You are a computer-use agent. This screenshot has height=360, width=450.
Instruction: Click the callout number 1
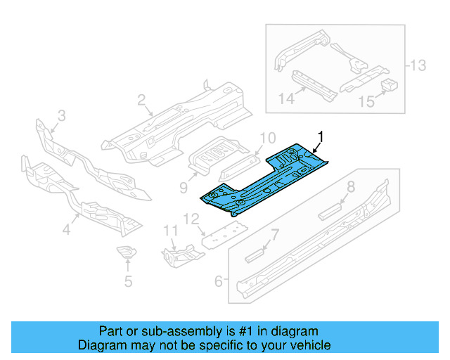tap(321, 135)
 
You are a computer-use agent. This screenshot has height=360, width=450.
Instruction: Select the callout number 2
tap(141, 101)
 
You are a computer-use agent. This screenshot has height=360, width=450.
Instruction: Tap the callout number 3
tap(61, 115)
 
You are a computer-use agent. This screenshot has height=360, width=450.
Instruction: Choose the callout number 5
tap(127, 282)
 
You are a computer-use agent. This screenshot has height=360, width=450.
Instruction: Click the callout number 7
tap(276, 234)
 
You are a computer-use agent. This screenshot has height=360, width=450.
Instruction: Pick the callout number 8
tap(350, 187)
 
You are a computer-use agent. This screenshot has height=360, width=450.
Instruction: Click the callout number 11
tap(169, 231)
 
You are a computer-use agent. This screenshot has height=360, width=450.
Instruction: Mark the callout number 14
tap(286, 99)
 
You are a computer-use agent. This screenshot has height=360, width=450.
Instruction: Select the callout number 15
tap(366, 102)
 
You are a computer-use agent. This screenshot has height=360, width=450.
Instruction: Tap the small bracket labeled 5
tap(127, 254)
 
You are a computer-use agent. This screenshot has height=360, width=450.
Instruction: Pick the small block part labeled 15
tap(389, 86)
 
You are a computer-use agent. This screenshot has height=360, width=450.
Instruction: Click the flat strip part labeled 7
tap(257, 254)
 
